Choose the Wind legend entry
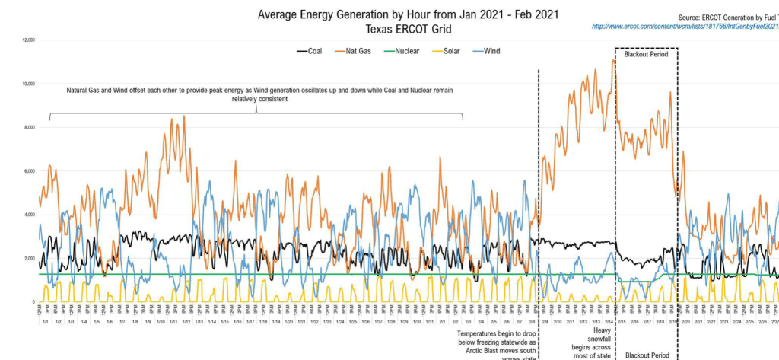pos(499,51)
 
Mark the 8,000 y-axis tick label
pos(27,127)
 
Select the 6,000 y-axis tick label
pos(27,171)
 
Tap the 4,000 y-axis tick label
pos(27,215)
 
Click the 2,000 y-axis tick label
pos(27,259)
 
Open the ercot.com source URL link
pos(685,27)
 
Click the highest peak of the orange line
pos(613,60)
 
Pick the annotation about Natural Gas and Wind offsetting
pos(259,94)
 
